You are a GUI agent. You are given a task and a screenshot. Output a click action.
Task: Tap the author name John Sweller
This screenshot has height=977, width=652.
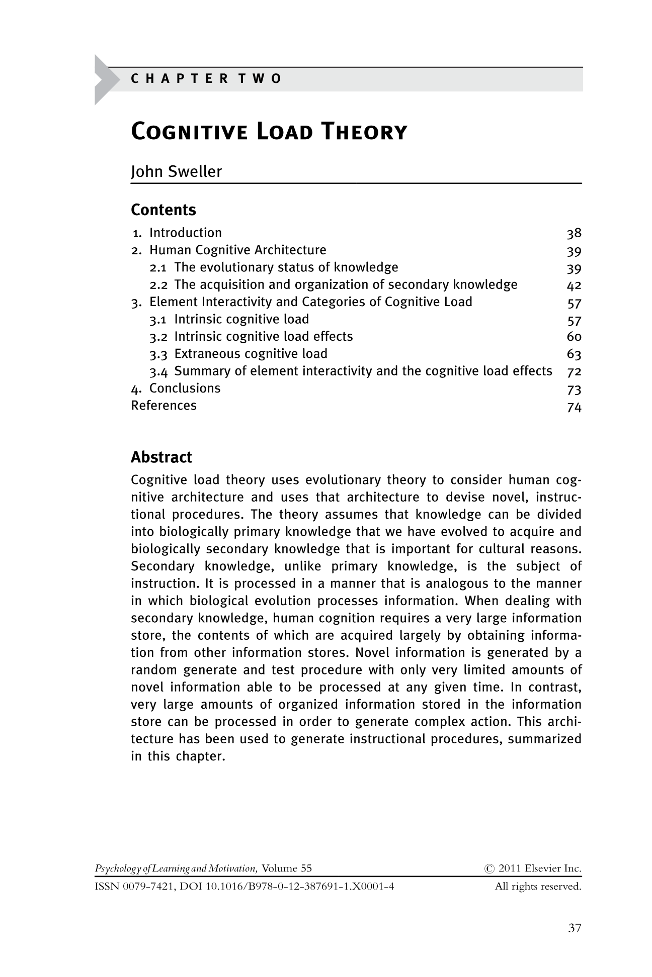(x=176, y=172)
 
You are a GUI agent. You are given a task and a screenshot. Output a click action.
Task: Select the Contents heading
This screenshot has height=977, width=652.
(x=163, y=210)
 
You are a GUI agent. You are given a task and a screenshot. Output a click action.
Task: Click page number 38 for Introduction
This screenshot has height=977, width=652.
(x=574, y=233)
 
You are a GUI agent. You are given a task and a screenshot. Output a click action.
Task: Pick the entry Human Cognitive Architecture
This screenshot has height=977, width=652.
(x=237, y=250)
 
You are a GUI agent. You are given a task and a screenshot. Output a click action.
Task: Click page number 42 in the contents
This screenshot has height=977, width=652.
(x=574, y=285)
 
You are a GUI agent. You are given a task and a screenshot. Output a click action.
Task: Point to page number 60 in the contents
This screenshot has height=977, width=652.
(x=574, y=337)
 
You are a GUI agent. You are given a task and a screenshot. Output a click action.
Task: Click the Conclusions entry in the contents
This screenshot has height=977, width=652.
(x=185, y=388)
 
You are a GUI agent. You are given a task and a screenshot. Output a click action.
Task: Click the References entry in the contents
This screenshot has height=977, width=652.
(x=164, y=406)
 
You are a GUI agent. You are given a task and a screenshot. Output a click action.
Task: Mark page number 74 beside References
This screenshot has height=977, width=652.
(x=574, y=407)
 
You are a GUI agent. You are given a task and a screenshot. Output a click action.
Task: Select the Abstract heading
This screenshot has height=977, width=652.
(x=161, y=457)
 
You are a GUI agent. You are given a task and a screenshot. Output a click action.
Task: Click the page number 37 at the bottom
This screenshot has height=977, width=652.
(x=575, y=928)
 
